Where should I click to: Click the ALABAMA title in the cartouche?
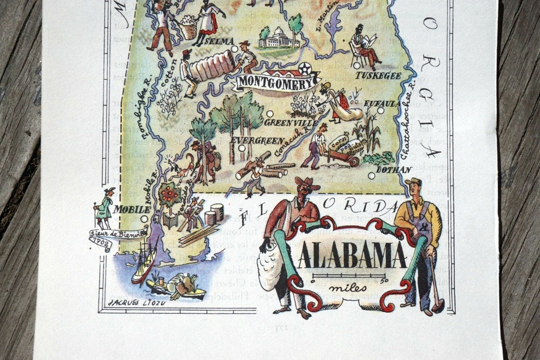352,256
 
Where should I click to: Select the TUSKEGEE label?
378,76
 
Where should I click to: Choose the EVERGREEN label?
257,141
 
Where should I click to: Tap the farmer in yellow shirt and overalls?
419,237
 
